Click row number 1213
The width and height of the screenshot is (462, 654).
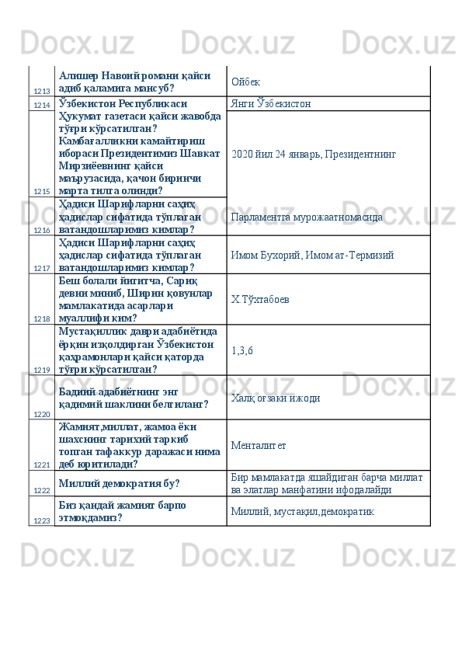pyautogui.click(x=42, y=92)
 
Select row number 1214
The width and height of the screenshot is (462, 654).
pyautogui.click(x=42, y=104)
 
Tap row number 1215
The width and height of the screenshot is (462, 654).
pyautogui.click(x=42, y=190)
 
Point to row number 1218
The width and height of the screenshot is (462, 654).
pyautogui.click(x=42, y=318)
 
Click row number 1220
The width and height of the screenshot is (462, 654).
pyautogui.click(x=42, y=414)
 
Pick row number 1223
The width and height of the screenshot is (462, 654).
pyautogui.click(x=42, y=520)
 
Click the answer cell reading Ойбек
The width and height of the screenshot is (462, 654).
pyautogui.click(x=245, y=82)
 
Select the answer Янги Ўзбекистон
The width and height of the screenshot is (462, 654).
pyautogui.click(x=271, y=103)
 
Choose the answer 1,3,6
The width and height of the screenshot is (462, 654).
pyautogui.click(x=242, y=350)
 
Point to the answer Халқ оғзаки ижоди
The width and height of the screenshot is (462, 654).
pyautogui.click(x=276, y=398)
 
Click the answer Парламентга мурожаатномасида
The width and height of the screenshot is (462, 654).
pyautogui.click(x=306, y=217)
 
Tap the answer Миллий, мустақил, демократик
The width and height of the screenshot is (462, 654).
pyautogui.click(x=303, y=512)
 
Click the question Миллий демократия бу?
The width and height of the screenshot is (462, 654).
pyautogui.click(x=119, y=483)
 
